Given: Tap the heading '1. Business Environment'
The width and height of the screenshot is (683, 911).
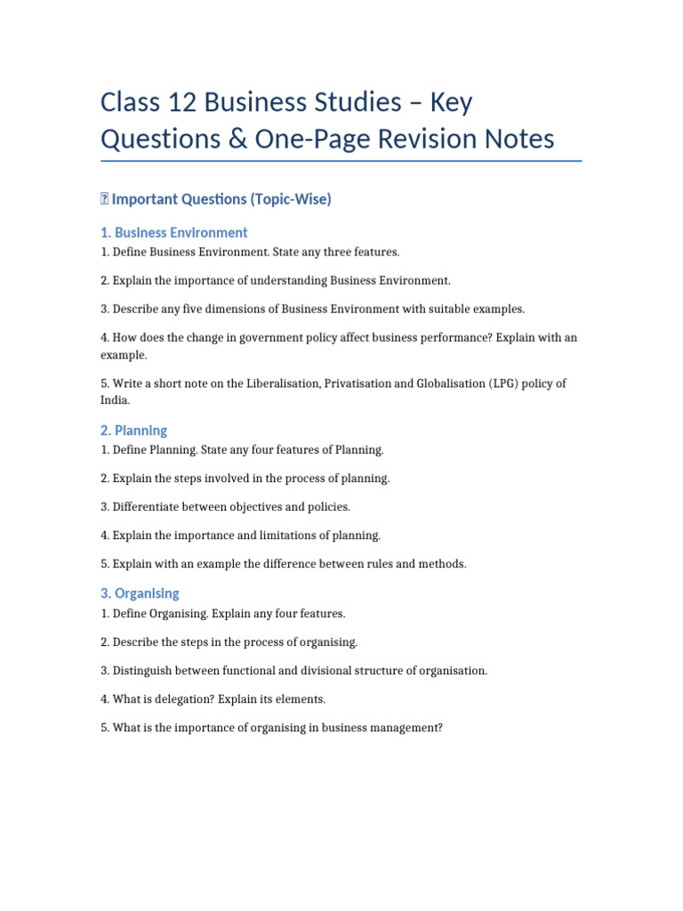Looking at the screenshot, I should (x=173, y=232).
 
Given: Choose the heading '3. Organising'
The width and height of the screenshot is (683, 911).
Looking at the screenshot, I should (x=140, y=593).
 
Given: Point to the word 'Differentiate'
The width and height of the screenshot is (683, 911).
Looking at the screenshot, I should (x=148, y=507).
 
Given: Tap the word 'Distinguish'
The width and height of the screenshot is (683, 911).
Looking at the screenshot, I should (x=144, y=671).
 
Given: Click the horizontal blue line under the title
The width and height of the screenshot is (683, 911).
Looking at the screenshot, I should (x=341, y=161).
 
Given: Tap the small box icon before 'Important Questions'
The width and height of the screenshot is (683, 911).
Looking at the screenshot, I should (x=104, y=199).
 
